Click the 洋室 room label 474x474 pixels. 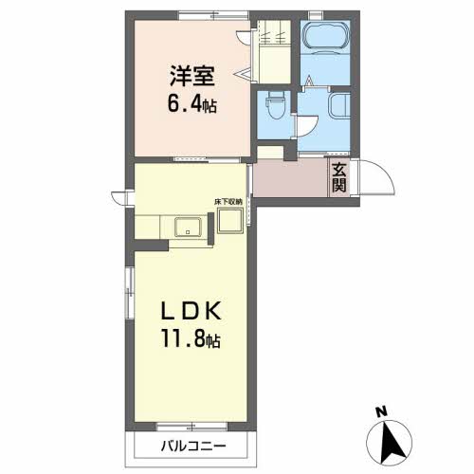pyautogui.click(x=192, y=76)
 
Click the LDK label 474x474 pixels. pyautogui.click(x=191, y=310)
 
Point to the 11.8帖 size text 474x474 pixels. pyautogui.click(x=191, y=338)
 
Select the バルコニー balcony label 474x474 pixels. pyautogui.click(x=193, y=447)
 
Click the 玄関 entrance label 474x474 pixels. pyautogui.click(x=339, y=178)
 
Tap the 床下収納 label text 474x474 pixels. pyautogui.click(x=228, y=202)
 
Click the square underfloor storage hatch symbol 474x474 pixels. pyautogui.click(x=230, y=221)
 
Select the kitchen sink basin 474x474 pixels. pyautogui.click(x=188, y=227)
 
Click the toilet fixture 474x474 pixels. pyautogui.click(x=276, y=105)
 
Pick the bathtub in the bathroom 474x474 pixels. pyautogui.click(x=326, y=37)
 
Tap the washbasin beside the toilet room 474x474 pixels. pyautogui.click(x=340, y=105)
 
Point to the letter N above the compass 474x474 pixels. pyautogui.click(x=381, y=411)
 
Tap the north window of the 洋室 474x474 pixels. pyautogui.click(x=213, y=15)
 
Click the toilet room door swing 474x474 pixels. pyautogui.click(x=307, y=126)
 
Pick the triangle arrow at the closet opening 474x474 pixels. pyautogui.click(x=243, y=74)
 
